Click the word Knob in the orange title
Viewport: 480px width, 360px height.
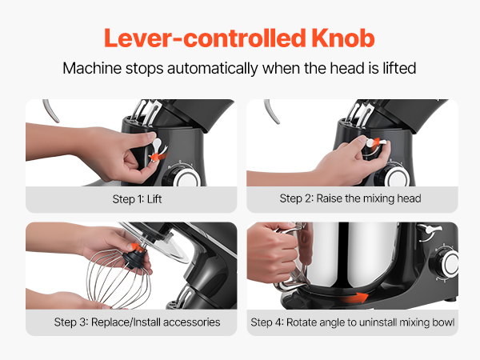point(343,38)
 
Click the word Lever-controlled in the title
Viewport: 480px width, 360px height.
point(205,38)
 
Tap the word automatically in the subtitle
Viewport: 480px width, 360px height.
point(213,68)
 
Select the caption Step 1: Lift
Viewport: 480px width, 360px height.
point(137,199)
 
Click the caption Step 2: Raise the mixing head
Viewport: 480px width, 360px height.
point(350,198)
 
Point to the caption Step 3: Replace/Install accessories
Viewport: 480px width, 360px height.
point(137,322)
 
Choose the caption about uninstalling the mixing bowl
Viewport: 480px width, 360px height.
point(352,322)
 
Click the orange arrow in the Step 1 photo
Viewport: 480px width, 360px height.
point(158,156)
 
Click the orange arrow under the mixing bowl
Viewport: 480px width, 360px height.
point(355,298)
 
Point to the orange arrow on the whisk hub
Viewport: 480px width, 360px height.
point(137,246)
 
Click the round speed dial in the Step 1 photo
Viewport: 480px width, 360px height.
point(182,175)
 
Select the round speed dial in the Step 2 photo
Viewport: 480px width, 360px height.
point(394,174)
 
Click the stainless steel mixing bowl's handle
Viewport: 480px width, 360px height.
point(290,257)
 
